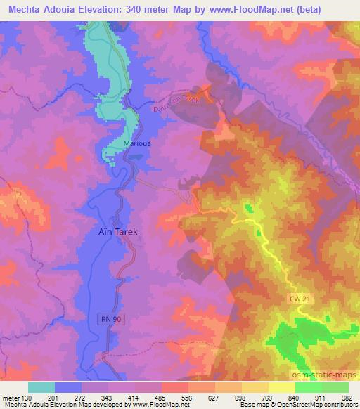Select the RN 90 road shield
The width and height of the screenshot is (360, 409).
click(x=106, y=320)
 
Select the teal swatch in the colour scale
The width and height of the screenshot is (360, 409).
click(x=41, y=387)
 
